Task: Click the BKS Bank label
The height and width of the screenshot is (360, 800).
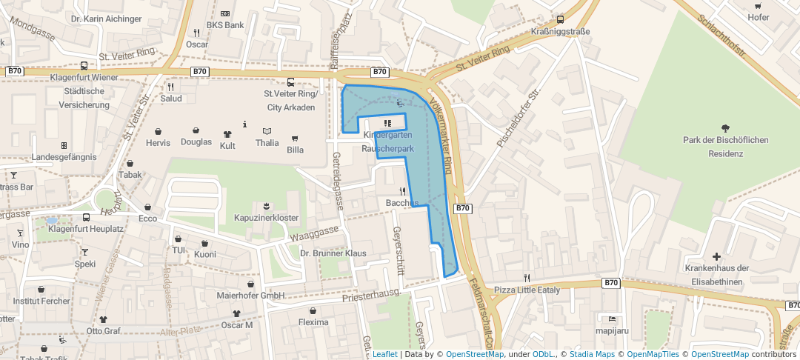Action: (x=225, y=25)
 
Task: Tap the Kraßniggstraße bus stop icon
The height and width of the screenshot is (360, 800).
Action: (x=560, y=19)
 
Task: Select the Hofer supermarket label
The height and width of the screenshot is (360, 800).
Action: (x=759, y=17)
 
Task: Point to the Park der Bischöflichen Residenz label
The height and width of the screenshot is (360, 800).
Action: (x=726, y=147)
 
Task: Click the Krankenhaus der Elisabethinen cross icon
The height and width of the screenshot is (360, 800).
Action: (x=716, y=256)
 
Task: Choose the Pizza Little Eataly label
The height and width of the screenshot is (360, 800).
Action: (x=527, y=290)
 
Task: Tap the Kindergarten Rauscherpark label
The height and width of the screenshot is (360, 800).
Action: (x=387, y=142)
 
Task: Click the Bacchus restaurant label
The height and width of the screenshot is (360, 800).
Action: (x=402, y=203)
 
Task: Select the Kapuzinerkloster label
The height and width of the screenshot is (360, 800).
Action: (x=266, y=218)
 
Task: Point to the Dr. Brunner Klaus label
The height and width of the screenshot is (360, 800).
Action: (x=333, y=253)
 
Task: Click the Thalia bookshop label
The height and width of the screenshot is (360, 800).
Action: (x=267, y=143)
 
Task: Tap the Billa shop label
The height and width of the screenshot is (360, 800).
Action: (x=295, y=150)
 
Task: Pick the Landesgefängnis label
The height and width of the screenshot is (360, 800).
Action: (x=64, y=157)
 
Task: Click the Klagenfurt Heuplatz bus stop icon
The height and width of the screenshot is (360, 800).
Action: (x=87, y=218)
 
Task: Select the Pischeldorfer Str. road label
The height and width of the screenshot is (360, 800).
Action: (x=521, y=119)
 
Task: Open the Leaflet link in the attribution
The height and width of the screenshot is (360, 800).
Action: (x=384, y=354)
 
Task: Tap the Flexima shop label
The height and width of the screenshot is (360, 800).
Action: (x=313, y=322)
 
